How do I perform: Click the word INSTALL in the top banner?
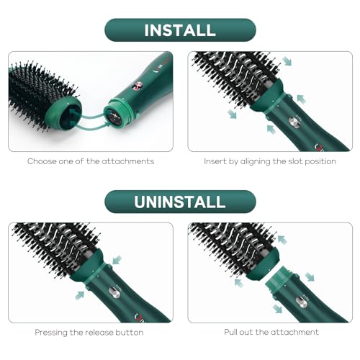(x=180, y=30)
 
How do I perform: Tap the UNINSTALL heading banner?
(x=180, y=202)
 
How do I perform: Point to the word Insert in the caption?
(x=216, y=161)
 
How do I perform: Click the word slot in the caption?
(x=292, y=161)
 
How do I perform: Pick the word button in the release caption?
(x=130, y=333)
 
